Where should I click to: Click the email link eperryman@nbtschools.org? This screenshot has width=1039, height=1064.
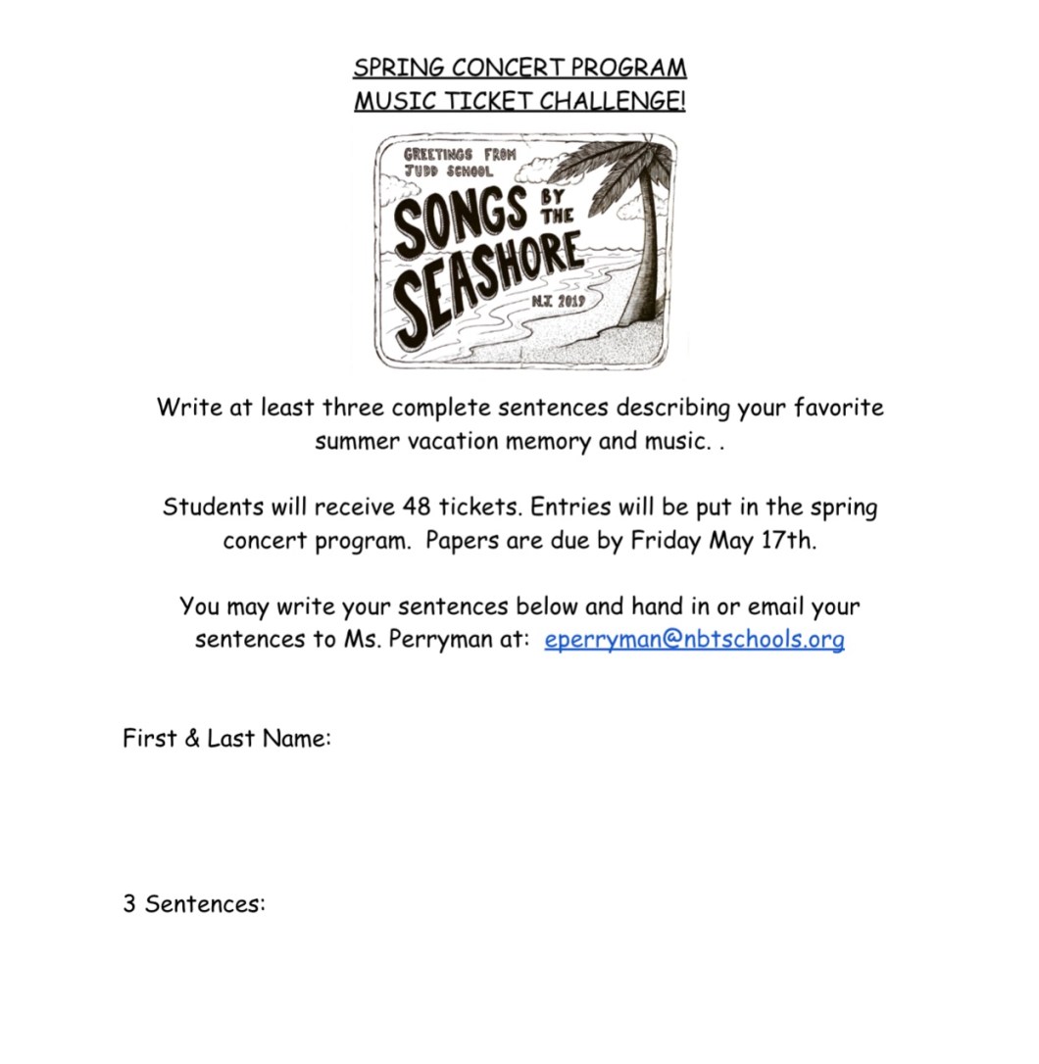click(x=694, y=640)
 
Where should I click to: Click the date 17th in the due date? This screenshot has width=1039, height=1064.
click(x=787, y=541)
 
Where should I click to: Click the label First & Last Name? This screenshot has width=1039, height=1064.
click(x=226, y=739)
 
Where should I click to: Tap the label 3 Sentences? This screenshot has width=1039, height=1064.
click(x=194, y=903)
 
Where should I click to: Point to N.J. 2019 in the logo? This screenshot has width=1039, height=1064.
click(x=559, y=302)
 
